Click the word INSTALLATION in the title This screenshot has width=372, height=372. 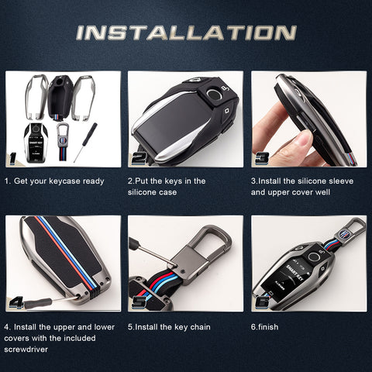[186, 33]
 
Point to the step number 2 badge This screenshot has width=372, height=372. [139, 157]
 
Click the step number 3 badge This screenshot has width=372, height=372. [262, 157]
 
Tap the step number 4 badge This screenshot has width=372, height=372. [15, 301]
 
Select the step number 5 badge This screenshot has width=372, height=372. [139, 301]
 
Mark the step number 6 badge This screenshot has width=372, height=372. [262, 301]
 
